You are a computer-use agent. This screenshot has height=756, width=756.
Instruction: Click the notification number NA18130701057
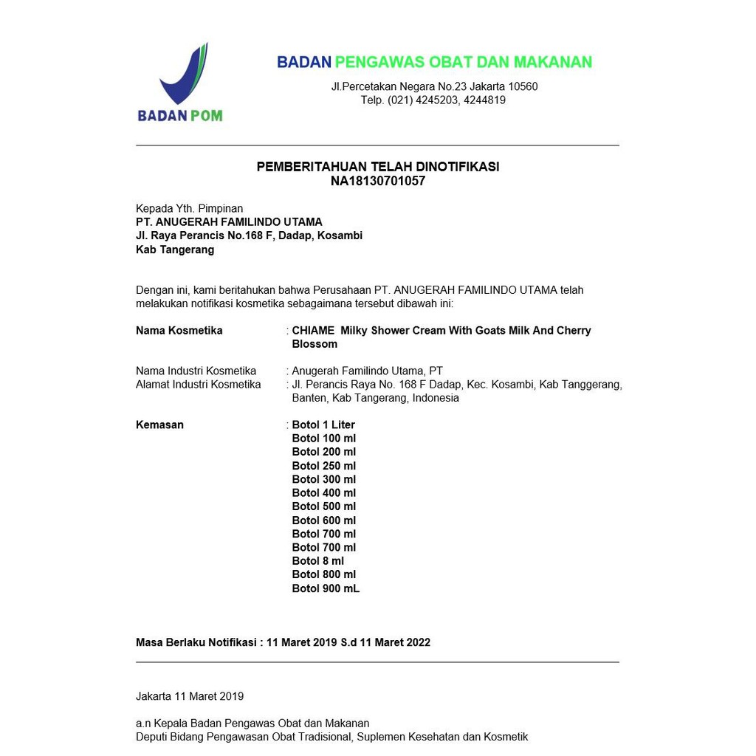377,181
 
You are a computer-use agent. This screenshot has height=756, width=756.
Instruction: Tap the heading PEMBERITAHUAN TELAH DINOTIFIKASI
377,167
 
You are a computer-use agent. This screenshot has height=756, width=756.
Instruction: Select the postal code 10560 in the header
523,86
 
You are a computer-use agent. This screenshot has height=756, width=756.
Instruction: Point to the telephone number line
433,100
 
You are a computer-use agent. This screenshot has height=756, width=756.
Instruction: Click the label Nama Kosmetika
179,331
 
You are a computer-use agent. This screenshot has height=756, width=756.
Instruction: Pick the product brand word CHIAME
313,331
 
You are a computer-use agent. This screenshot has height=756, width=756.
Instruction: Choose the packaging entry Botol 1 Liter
323,425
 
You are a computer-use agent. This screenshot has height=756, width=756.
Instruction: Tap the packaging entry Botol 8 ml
317,561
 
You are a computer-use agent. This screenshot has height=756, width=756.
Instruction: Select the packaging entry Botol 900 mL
326,588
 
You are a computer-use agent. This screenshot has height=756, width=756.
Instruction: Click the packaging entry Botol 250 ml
323,466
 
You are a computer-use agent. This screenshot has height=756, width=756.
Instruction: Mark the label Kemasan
159,425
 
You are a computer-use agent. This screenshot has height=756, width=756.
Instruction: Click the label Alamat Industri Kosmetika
198,385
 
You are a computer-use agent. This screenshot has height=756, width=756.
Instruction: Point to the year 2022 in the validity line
416,642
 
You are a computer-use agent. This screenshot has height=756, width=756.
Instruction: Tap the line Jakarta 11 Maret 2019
190,696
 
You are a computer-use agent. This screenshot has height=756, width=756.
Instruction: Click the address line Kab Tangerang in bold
175,250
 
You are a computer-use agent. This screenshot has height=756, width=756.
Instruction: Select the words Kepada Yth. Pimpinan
189,209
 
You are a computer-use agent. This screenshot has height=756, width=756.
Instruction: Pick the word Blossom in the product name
315,344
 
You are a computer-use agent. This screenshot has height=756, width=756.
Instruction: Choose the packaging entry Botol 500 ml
323,506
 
